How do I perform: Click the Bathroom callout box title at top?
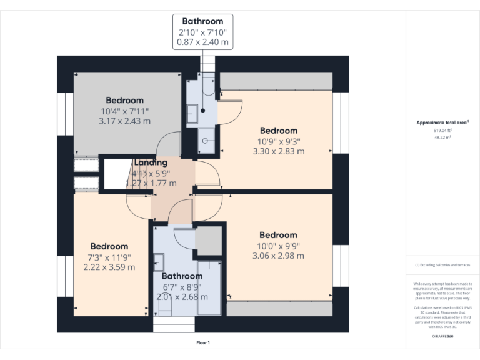click(202, 21)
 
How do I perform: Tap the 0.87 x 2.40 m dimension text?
click(202, 43)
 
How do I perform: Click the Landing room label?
click(151, 162)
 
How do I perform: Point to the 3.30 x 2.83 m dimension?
click(278, 151)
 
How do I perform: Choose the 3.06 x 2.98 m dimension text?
click(278, 256)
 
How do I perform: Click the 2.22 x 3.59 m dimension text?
click(109, 267)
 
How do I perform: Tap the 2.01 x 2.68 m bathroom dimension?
click(182, 297)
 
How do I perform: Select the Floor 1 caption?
click(202, 343)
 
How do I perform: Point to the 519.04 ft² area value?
click(442, 130)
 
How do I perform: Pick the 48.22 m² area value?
click(442, 136)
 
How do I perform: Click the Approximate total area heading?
click(442, 122)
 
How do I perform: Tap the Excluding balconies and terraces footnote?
click(442, 265)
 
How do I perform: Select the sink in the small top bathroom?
click(193, 113)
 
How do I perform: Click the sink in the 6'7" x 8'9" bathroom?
click(159, 261)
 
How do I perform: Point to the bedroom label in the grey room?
click(124, 100)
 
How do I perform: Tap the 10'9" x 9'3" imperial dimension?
click(278, 141)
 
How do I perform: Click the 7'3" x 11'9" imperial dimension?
click(109, 257)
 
